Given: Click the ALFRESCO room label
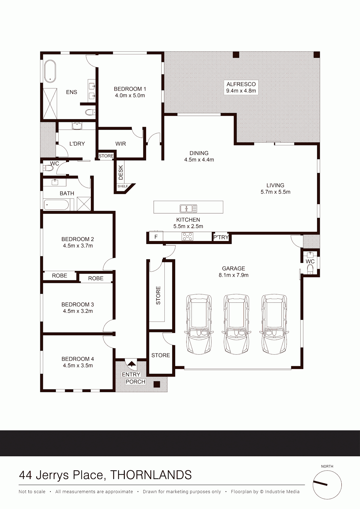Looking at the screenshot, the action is coord(241,84).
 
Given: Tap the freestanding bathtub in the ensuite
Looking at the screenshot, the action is coord(50,71).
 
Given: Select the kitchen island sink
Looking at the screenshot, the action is coord(188,208).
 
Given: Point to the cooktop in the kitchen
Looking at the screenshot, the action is coord(187,236).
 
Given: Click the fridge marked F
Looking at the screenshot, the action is coord(156,237).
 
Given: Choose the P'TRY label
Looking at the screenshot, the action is coord(221,237).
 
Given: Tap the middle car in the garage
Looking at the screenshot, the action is coord(236,324).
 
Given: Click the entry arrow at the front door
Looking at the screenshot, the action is coord(131,364).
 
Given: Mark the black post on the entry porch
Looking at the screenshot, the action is coord(157,384).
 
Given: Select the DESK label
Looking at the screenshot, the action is coord(121,172).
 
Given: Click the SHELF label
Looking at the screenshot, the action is coord(123,186).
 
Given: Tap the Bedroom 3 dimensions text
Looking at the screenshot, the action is coord(78,311).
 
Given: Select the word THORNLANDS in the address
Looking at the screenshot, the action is coord(151,475).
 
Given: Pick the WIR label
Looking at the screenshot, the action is coord(121,144).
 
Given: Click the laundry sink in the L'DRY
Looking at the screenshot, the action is coord(77,126).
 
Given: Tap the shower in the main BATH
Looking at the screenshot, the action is coord(84,204).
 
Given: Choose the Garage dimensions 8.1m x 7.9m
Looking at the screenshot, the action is coord(234,275).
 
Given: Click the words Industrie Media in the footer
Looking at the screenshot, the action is coord(282,492).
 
